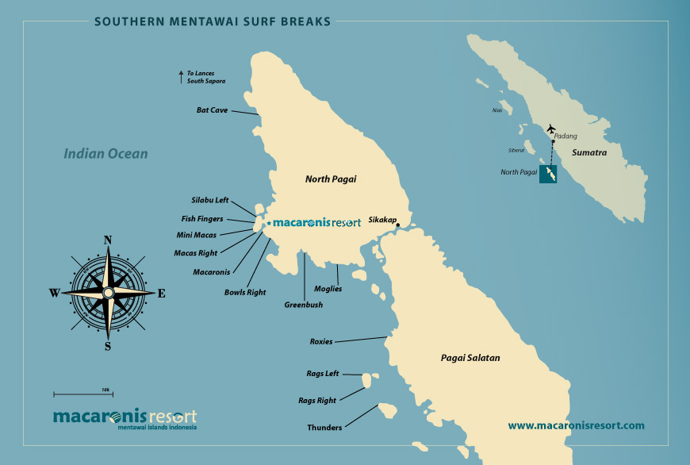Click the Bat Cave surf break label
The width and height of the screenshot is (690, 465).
point(212,110)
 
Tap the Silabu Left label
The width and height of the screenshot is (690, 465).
point(209,200)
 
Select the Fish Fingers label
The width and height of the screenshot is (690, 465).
point(202,218)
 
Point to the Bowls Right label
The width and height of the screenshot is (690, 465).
point(245,292)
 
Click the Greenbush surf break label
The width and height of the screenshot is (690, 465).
point(305,304)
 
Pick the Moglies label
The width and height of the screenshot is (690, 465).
point(328,289)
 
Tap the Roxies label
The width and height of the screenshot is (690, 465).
point(321,342)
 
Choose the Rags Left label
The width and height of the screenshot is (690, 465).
point(322,373)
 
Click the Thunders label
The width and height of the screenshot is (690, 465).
point(324,428)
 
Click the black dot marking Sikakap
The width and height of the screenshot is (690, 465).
point(397,225)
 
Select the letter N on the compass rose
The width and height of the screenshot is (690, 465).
point(108,240)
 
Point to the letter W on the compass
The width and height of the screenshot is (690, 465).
point(55,293)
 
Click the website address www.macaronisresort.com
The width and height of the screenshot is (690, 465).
point(576,425)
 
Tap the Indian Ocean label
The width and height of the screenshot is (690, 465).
point(105,154)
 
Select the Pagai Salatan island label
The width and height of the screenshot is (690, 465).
point(470,358)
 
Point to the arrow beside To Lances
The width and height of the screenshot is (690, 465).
point(181,77)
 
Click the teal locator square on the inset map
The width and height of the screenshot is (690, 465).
point(547,173)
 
